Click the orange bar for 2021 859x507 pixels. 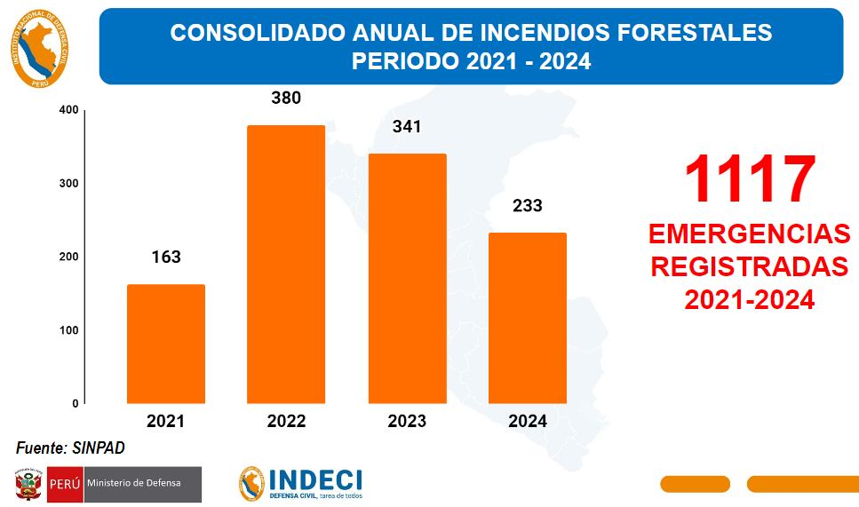coord(166,344)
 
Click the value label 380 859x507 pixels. coord(286,98)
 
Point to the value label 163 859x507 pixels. coord(166,257)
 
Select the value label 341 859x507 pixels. coord(407,126)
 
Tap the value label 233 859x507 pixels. coord(527,206)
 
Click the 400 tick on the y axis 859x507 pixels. coord(69,110)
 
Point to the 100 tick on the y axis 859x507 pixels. coord(69,330)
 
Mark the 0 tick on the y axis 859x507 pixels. coord(75,403)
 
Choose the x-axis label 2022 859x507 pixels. coord(286,422)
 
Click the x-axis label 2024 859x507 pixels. coord(527,422)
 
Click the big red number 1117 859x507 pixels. coord(749,179)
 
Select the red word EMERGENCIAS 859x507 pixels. coord(749,234)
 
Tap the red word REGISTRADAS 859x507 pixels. coord(749,267)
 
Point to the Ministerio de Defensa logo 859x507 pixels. coord(107,484)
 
